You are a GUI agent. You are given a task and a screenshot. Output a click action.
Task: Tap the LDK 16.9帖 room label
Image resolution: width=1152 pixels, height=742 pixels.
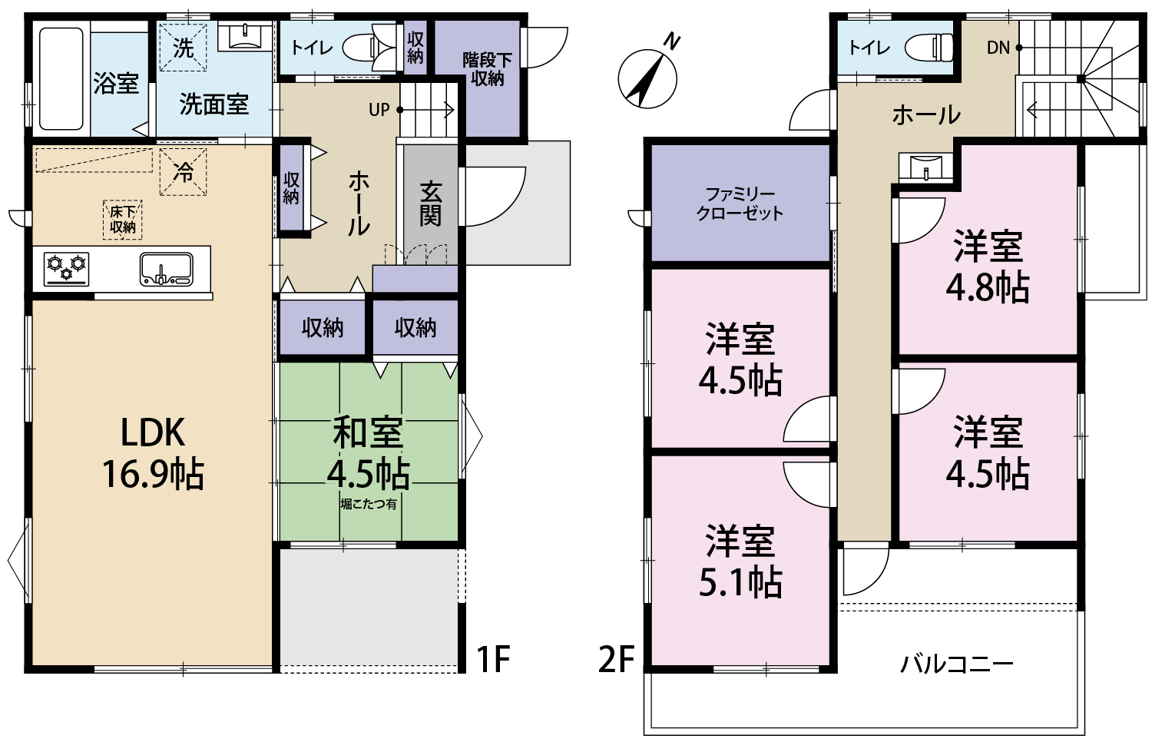(153, 453)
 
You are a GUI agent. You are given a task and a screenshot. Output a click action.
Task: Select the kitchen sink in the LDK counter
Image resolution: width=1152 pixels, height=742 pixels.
(166, 269)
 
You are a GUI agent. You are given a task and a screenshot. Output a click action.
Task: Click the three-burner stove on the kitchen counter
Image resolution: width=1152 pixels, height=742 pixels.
(66, 268)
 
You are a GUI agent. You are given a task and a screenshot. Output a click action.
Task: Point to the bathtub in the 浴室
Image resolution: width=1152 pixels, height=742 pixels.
(61, 78)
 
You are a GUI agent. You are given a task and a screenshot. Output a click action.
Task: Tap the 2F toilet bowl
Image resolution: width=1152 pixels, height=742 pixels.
(929, 48)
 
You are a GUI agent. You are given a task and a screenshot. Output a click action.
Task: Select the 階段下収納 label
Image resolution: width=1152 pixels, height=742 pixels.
(486, 69)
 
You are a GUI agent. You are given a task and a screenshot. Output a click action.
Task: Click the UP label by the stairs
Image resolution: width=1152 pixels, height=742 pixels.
(379, 110)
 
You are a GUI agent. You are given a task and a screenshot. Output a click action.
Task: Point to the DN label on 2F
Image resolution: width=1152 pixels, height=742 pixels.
(998, 48)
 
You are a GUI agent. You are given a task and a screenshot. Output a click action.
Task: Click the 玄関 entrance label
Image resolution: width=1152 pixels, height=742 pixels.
(430, 204)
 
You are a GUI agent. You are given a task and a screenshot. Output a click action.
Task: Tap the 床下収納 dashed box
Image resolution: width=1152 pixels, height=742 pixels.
(122, 220)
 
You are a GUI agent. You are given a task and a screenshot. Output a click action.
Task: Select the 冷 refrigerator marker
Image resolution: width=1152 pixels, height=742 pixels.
(183, 172)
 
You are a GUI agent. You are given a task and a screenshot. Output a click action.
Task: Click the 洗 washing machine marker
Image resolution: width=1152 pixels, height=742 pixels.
(183, 48)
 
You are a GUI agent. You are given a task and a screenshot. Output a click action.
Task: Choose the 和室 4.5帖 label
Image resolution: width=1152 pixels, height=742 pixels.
(368, 454)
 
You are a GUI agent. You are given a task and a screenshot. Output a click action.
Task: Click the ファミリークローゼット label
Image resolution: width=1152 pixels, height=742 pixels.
(740, 204)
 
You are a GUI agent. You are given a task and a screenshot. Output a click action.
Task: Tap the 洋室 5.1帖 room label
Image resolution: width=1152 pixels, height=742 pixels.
(740, 561)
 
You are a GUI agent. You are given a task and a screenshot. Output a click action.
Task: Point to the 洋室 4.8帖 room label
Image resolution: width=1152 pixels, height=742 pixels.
(988, 267)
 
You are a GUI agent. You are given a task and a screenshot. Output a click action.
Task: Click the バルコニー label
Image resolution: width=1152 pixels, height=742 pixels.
(957, 665)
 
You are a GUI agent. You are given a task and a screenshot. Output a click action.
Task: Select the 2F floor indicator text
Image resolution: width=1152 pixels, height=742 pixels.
(616, 660)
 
